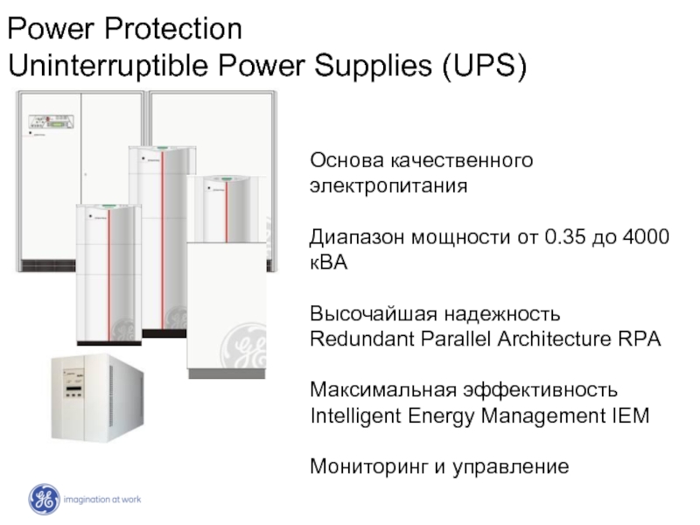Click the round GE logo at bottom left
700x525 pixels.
point(43,499)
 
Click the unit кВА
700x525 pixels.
point(330,262)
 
